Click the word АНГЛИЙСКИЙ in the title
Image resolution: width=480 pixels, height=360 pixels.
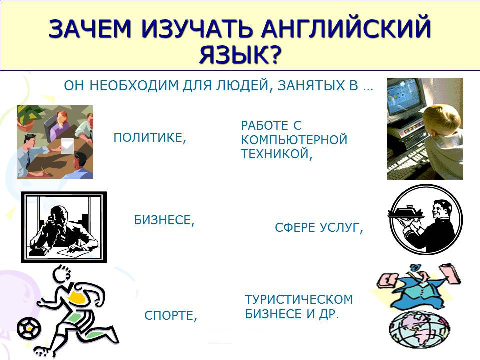coord(345,29)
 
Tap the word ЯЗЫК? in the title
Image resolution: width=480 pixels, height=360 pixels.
coord(240,55)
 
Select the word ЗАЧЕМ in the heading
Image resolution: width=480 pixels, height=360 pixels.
coord(90,29)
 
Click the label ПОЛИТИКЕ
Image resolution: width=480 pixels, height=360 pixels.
coord(149,138)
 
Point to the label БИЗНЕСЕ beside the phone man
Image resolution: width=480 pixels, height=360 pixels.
coord(164,220)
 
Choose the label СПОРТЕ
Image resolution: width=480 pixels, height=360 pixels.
coord(171,315)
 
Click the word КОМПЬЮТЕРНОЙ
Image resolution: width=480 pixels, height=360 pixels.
coord(294,140)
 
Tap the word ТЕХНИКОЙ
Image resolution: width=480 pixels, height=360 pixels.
coord(276,154)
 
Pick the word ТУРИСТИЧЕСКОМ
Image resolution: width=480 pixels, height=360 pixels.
coord(299,299)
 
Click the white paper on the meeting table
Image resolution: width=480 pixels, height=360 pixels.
coord(67,146)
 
